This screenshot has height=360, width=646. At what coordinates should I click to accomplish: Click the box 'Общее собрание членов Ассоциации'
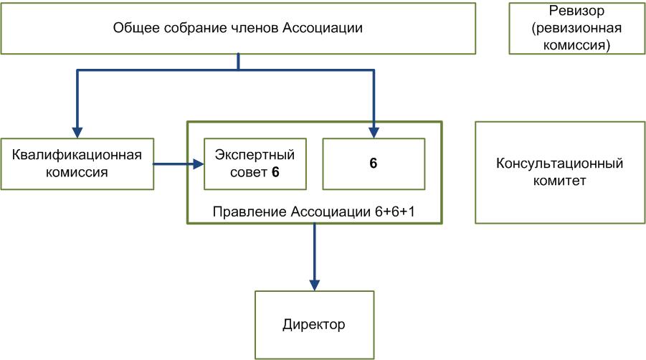[x=238, y=29]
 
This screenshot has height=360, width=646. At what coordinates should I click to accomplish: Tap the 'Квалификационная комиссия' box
[x=77, y=163]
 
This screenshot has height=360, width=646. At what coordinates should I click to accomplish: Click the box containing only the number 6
[x=373, y=163]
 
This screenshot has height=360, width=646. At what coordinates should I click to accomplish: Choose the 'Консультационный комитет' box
[x=559, y=172]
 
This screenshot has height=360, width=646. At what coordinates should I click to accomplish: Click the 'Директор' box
[x=315, y=324]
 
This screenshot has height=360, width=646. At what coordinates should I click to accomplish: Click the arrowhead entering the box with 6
[x=373, y=131]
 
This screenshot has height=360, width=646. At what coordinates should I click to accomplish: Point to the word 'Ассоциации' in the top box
[x=323, y=29]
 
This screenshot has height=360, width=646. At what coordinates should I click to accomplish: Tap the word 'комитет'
[x=559, y=181]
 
